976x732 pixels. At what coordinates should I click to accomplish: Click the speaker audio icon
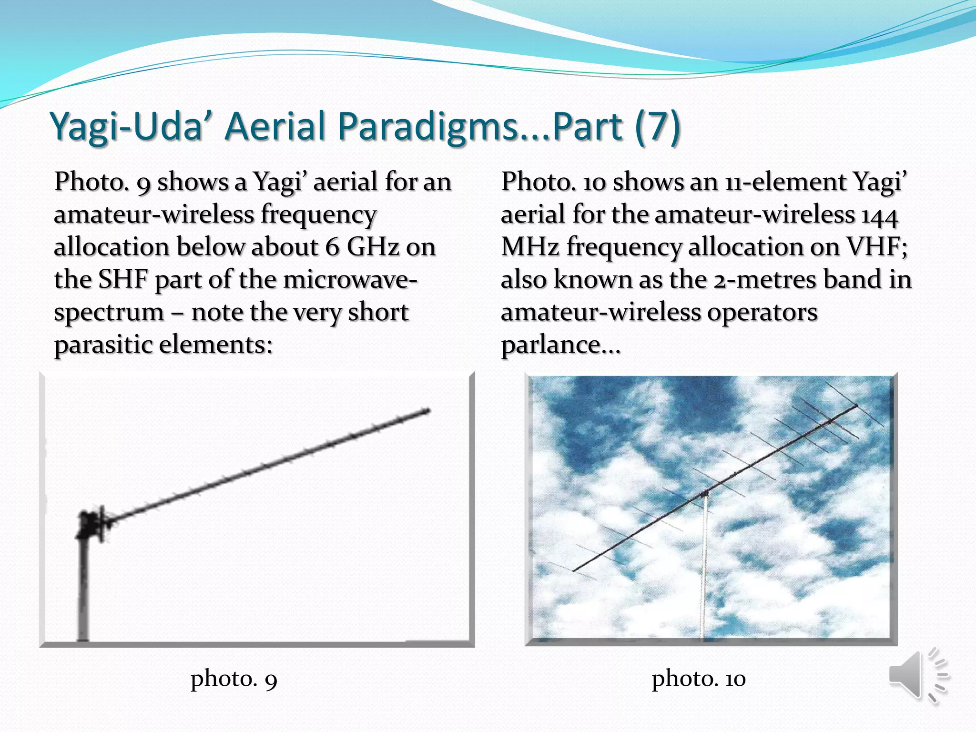point(917,676)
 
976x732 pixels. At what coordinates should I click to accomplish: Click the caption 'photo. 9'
point(234,679)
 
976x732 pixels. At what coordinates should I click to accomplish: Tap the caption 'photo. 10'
point(698,679)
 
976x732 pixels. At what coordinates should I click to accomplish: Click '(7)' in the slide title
point(657,126)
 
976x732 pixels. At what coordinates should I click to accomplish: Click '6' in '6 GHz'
point(332,247)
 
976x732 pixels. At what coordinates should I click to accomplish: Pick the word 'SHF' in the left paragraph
point(123,280)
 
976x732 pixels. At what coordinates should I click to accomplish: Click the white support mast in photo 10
point(703,572)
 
